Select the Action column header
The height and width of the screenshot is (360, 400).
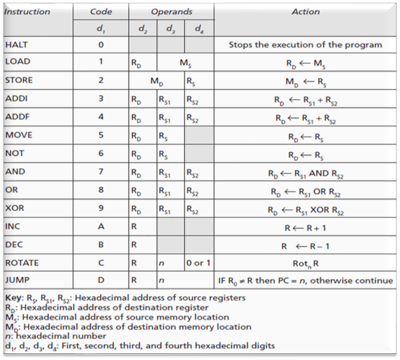coord(305,11)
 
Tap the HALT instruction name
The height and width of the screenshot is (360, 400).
coord(16,45)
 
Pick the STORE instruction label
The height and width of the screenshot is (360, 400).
coord(18,80)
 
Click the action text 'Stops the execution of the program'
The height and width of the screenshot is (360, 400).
coord(305,45)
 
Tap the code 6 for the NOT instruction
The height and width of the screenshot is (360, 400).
coord(100,153)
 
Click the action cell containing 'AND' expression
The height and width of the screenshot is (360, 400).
coord(305,172)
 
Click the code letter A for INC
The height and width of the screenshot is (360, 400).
coord(100,226)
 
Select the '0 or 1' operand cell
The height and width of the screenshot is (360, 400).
coord(199,263)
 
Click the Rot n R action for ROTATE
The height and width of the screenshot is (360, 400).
coord(305,263)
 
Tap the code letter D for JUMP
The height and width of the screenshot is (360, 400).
coord(100,280)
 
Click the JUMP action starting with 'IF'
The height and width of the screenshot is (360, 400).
coord(305,280)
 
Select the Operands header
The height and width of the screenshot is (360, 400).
coord(171,11)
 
